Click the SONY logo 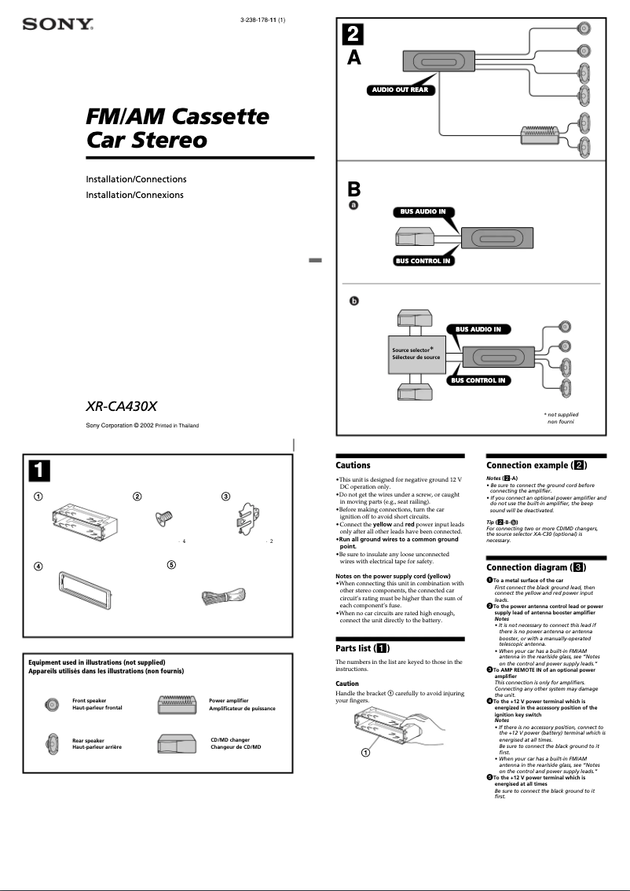(x=58, y=24)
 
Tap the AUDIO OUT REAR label (x=399, y=90)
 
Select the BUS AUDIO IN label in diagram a (x=423, y=211)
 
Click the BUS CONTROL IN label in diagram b (x=478, y=380)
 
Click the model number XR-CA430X (x=122, y=407)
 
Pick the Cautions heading (x=353, y=465)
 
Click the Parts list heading (x=362, y=648)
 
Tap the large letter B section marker (x=354, y=189)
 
